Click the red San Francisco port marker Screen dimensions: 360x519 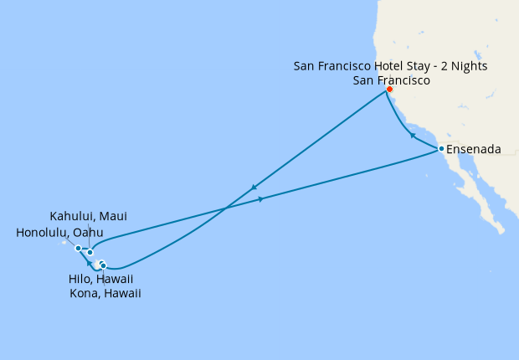click(389, 90)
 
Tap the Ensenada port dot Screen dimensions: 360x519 click(441, 149)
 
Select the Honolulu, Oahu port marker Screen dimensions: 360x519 click(78, 248)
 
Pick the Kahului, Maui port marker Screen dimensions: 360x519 click(90, 252)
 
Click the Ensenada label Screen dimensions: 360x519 click(474, 150)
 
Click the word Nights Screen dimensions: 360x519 click(469, 65)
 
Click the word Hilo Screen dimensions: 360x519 click(80, 279)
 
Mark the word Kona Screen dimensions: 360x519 click(84, 294)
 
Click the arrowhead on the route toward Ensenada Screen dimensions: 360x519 click(262, 198)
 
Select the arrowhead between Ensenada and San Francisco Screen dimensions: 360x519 click(412, 135)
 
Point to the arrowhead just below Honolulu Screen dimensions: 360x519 click(88, 263)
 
